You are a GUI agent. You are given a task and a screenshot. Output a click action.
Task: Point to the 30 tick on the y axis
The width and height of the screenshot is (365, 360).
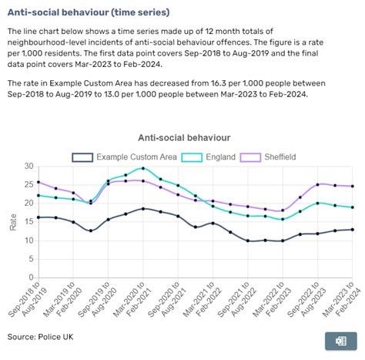tap(28, 167)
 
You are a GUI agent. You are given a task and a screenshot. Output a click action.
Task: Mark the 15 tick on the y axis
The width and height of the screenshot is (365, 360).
tap(28, 222)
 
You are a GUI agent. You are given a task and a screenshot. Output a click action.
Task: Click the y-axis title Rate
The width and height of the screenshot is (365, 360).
tap(12, 221)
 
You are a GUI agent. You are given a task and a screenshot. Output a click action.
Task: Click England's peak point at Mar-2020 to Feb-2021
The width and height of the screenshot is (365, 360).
tap(143, 168)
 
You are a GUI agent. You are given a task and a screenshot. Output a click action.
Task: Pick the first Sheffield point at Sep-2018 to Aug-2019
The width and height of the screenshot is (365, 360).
tap(38, 183)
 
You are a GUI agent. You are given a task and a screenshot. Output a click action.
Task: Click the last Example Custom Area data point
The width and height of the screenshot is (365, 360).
tap(353, 230)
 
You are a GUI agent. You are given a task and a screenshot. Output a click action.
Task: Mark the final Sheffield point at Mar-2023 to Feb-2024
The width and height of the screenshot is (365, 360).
tap(353, 186)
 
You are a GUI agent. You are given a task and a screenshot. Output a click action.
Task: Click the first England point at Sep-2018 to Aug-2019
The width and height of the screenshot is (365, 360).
tap(38, 195)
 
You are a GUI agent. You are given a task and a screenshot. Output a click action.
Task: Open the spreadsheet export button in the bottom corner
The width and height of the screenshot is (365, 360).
tap(340, 340)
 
